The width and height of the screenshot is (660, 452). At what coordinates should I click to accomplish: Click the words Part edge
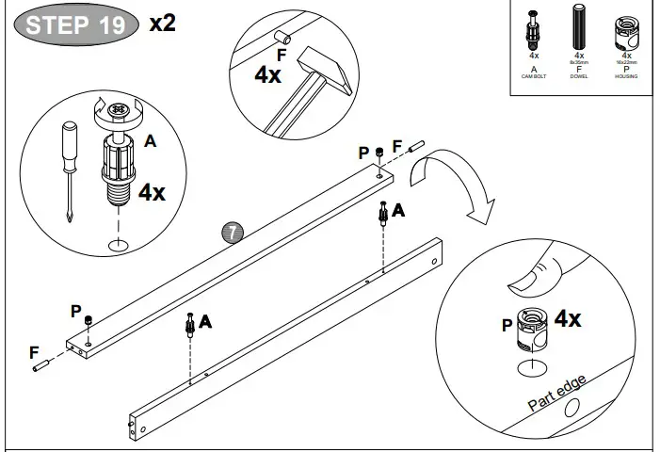[557, 393]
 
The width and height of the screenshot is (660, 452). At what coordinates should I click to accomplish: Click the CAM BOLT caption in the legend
[534, 76]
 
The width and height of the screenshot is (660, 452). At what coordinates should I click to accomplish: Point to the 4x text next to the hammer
[268, 75]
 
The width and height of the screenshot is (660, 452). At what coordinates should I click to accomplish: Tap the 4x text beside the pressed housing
[568, 318]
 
